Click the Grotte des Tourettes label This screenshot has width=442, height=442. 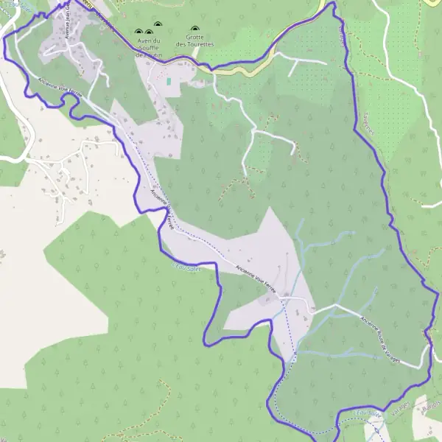click(x=194, y=41)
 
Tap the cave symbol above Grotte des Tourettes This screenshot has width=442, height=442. click(x=194, y=29)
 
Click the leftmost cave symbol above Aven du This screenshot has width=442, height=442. click(x=138, y=32)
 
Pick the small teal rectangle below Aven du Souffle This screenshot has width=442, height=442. click(x=169, y=80)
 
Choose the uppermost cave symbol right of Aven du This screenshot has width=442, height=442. click(x=150, y=32)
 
